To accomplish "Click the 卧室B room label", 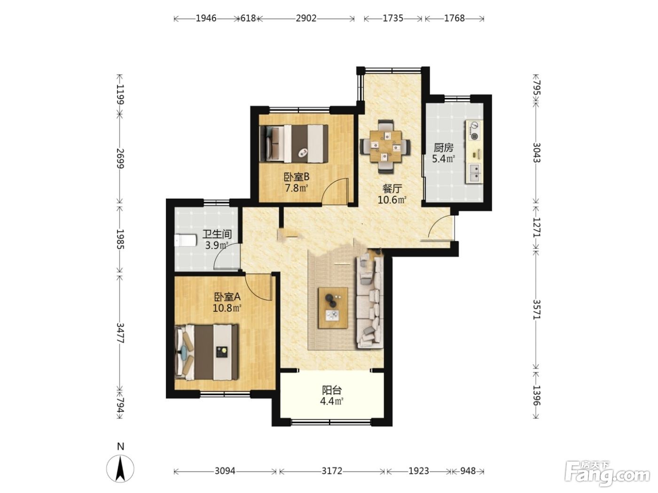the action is [x=296, y=177].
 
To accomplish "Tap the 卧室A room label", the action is [x=227, y=297].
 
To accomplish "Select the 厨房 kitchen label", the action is [x=444, y=147].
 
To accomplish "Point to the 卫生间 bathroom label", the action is [x=217, y=234].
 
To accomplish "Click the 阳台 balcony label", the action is [x=332, y=390].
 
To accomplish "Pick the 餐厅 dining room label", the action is [x=392, y=189].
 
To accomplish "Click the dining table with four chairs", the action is [x=385, y=146].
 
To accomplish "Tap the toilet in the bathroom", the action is [x=185, y=240].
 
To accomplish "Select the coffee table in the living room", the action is [x=333, y=308].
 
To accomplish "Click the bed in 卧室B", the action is [x=294, y=144].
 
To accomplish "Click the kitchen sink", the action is [x=474, y=173].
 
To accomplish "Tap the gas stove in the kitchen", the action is [x=474, y=131].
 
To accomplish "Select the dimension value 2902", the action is [x=306, y=18].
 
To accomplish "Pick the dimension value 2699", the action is [x=120, y=158].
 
